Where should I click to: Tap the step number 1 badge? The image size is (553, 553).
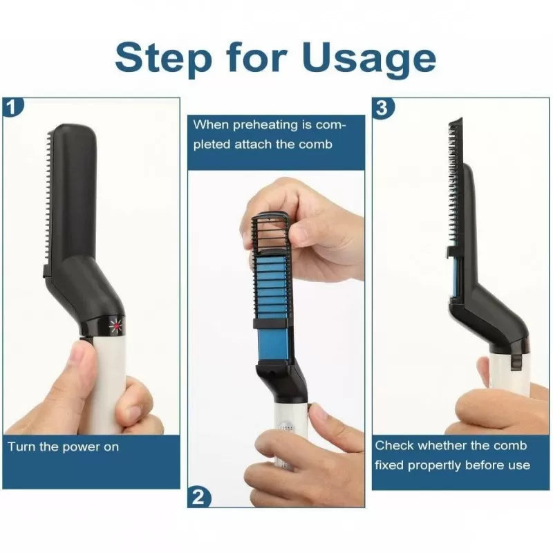pyautogui.click(x=13, y=106)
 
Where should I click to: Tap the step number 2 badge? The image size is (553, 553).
pyautogui.click(x=198, y=496)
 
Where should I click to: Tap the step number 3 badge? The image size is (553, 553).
pyautogui.click(x=382, y=106)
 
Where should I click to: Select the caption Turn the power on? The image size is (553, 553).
pyautogui.click(x=64, y=447)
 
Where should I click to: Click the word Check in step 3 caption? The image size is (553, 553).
pyautogui.click(x=395, y=446)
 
